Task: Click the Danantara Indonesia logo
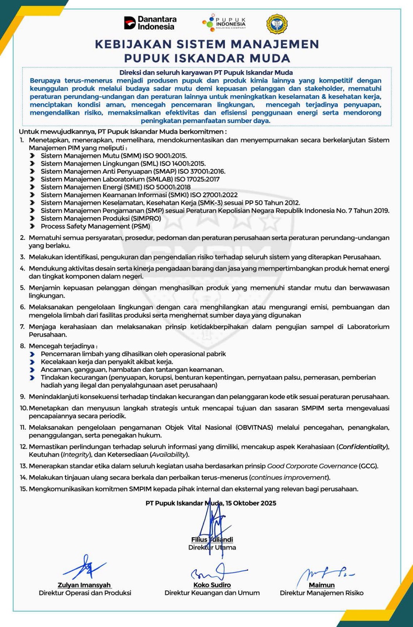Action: tap(150, 23)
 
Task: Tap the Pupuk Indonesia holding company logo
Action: tap(224, 23)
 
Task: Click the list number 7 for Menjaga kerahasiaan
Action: tap(22, 326)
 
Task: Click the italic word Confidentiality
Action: tap(363, 446)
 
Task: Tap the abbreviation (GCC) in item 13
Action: tap(369, 466)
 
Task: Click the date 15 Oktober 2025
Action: tap(251, 503)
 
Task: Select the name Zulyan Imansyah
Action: tap(85, 585)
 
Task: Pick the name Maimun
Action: tap(322, 585)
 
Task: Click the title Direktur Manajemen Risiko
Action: tap(321, 593)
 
